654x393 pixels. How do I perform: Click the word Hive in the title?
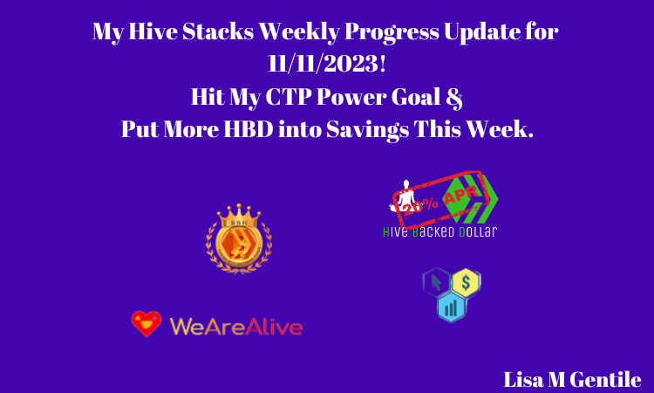point(153,31)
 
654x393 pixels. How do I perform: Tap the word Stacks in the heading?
point(218,31)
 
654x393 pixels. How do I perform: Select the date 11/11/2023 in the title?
point(327,64)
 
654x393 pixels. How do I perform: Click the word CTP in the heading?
point(289,97)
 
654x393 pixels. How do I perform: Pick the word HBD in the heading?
point(249,129)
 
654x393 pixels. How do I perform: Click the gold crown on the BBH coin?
point(239,216)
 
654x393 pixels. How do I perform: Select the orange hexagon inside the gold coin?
point(239,244)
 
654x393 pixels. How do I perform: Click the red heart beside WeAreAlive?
point(146,324)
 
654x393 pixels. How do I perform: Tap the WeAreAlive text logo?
point(236,327)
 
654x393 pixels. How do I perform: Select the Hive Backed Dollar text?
point(440,231)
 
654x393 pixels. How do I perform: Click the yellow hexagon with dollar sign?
point(467,283)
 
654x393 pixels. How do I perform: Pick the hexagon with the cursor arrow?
point(436,282)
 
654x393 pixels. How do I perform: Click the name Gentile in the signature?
point(605,380)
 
